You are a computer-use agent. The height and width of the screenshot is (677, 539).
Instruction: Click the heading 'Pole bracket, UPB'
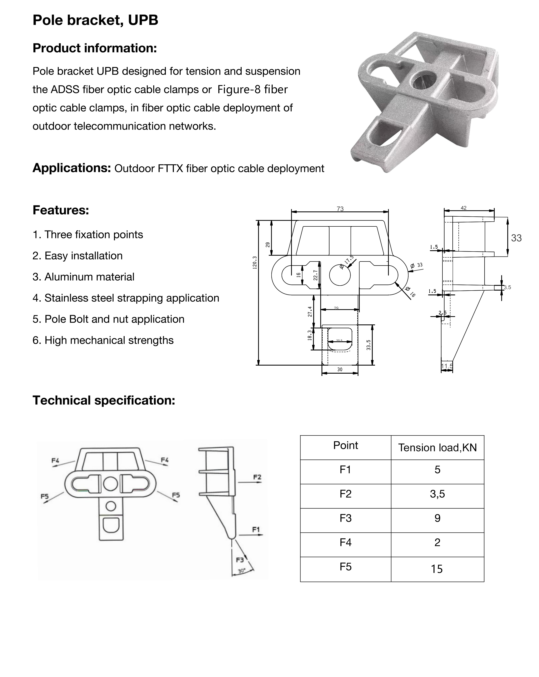tap(95, 20)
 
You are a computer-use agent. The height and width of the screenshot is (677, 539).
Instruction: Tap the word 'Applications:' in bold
tap(72, 168)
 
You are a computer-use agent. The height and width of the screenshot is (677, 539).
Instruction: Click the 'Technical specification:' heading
tap(104, 400)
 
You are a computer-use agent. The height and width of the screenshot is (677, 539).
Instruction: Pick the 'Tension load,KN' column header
tap(437, 447)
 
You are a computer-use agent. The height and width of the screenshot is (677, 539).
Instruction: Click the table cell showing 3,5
tap(437, 494)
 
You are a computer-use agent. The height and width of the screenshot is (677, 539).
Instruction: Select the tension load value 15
tap(437, 569)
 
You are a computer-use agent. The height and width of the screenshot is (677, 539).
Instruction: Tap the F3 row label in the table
tap(345, 518)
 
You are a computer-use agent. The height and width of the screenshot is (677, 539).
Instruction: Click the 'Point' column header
tap(345, 445)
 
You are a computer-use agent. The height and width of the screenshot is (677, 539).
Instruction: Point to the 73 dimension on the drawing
tap(340, 209)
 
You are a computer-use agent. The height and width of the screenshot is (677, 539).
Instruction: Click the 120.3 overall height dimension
tap(255, 263)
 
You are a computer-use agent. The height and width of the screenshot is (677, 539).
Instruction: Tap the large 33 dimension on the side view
tap(516, 238)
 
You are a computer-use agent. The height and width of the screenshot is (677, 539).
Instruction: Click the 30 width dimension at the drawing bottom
tap(340, 370)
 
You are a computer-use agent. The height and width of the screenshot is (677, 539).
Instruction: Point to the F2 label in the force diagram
tap(257, 477)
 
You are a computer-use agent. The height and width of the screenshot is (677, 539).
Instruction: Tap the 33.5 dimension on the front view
tap(369, 345)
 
